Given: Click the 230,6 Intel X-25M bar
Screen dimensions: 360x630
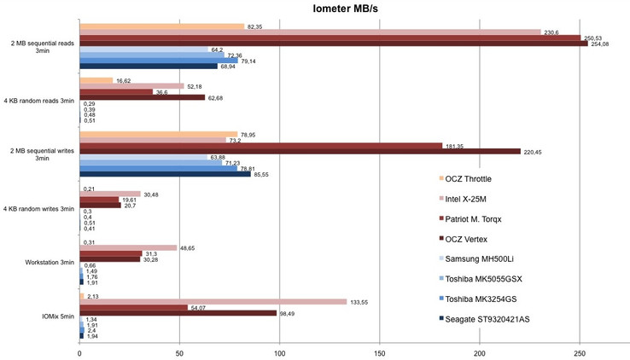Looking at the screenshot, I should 310,32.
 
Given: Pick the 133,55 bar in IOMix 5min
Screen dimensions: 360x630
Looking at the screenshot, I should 213,301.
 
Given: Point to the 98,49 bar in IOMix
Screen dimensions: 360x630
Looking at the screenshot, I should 178,312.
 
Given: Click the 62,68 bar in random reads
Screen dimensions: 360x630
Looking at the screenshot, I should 142,97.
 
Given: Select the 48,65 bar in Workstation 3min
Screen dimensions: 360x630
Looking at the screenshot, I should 128,247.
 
